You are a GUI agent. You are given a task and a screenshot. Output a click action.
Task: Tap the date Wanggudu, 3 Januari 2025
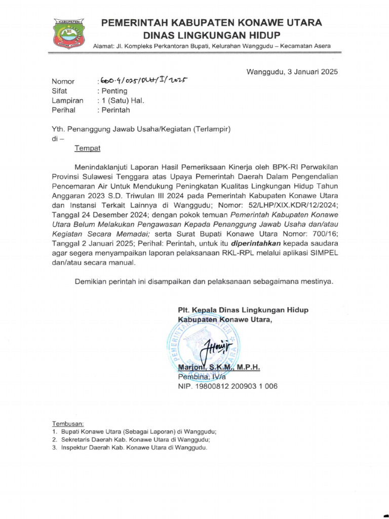click(292, 71)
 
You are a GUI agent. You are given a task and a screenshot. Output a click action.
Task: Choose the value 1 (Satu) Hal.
click(122, 100)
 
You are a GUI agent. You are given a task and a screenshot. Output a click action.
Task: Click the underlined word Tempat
click(88, 148)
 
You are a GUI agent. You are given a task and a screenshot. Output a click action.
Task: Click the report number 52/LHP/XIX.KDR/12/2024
click(287, 205)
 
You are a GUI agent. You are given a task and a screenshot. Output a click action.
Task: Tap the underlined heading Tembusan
click(68, 424)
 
